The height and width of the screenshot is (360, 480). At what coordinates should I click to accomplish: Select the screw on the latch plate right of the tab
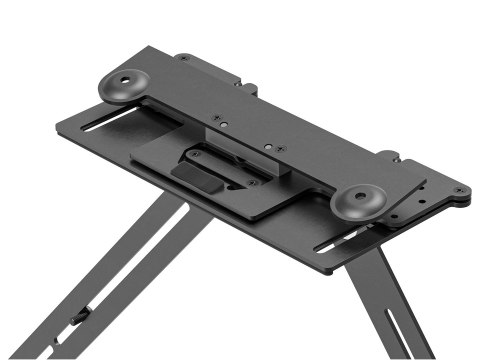(253, 182)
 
